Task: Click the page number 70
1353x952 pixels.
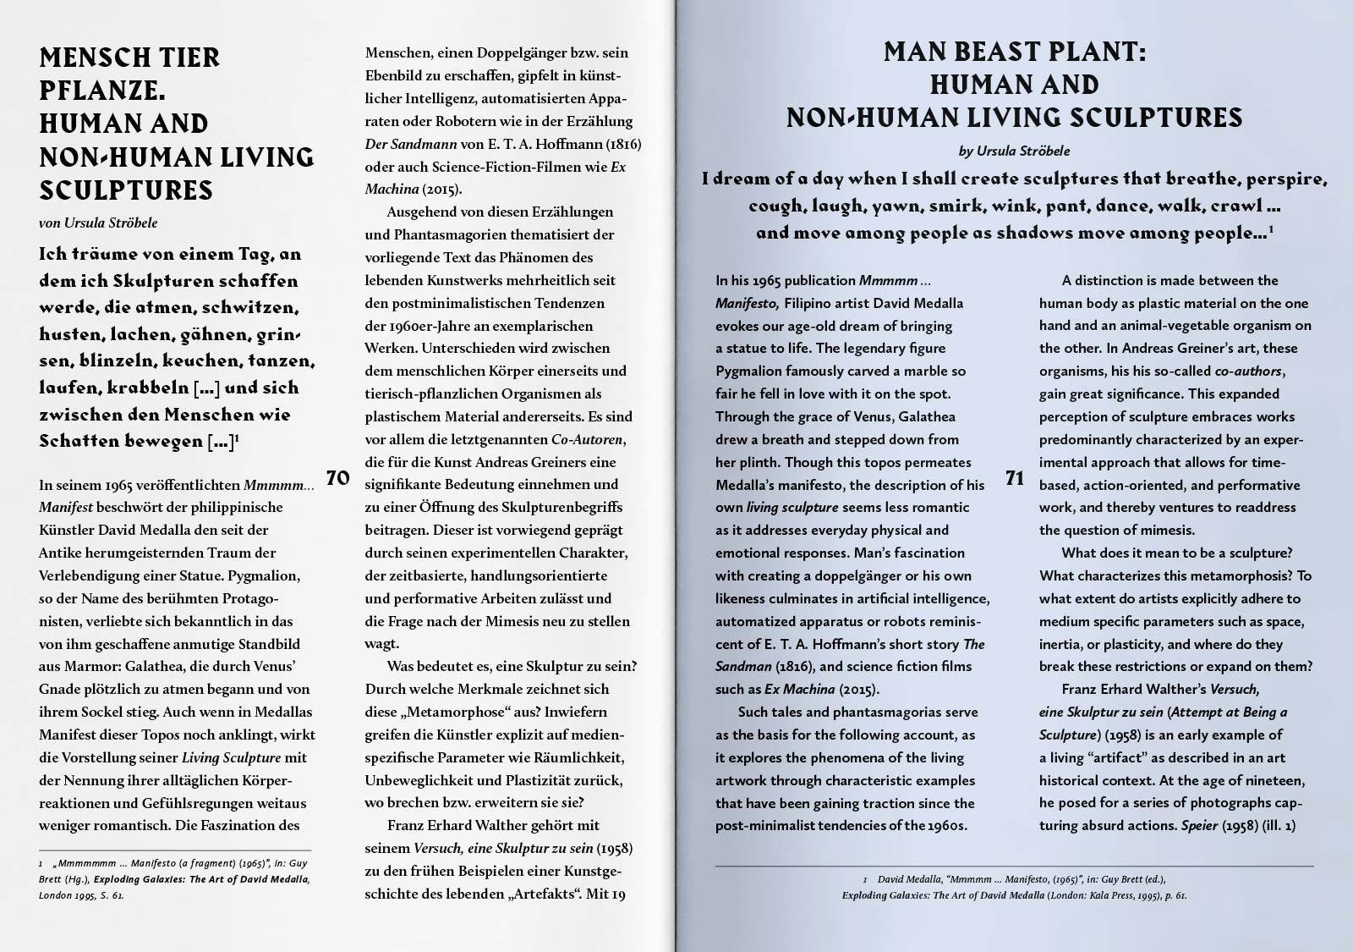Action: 337,478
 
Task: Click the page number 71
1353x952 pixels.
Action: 1015,478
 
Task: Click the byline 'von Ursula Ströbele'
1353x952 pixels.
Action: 98,223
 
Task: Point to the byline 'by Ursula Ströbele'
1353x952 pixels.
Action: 1014,151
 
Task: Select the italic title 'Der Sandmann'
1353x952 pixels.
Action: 411,144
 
